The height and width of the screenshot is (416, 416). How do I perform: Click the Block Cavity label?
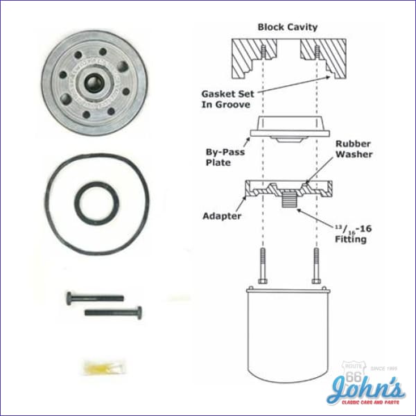pos(287,27)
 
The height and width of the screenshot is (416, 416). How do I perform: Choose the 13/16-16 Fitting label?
pos(349,232)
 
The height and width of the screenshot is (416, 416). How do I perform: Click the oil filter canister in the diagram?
pos(288,333)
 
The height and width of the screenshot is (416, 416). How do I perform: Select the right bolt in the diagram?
pos(317,267)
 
